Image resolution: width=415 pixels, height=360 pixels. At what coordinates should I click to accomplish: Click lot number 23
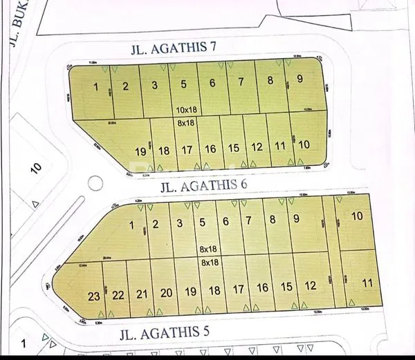94,296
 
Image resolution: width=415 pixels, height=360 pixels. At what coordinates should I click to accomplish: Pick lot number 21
142,294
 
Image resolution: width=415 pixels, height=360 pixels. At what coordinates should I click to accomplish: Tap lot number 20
166,292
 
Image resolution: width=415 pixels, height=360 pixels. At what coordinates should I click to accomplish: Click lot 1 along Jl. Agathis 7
97,86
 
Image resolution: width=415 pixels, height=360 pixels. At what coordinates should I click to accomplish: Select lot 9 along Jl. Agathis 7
299,79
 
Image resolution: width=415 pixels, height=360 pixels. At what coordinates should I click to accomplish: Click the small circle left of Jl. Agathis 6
96,184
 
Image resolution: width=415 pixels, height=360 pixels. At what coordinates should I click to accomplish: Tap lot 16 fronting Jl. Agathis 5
262,287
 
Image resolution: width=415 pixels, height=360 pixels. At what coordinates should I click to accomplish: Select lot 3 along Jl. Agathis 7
155,86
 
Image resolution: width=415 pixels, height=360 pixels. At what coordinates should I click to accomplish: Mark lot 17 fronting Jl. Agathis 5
238,289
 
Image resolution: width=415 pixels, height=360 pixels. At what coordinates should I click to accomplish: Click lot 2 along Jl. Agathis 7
125,86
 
